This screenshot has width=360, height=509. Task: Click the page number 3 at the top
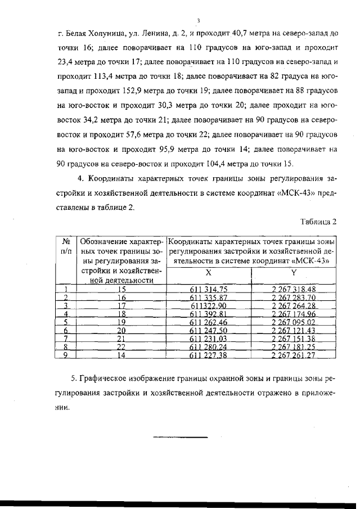click(199, 21)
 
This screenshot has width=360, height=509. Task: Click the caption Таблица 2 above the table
click(318, 221)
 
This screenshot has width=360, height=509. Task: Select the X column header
click(208, 273)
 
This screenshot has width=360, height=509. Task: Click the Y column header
click(293, 273)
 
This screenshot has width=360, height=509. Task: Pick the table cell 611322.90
click(208, 305)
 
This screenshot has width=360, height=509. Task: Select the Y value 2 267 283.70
click(293, 297)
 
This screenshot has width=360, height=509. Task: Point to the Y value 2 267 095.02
click(293, 322)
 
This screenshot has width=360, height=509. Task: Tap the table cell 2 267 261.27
click(293, 355)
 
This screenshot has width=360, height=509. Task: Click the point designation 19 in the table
click(121, 322)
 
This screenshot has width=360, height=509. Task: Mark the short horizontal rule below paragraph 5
click(181, 437)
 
